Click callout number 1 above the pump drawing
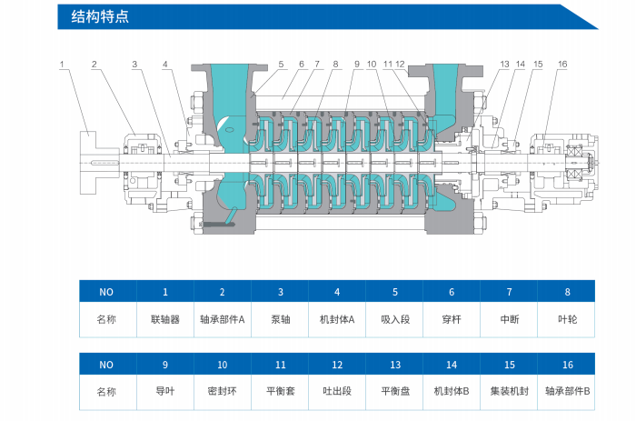pyautogui.click(x=63, y=65)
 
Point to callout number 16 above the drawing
pyautogui.click(x=562, y=65)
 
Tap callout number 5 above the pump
pyautogui.click(x=282, y=65)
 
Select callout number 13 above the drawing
pyautogui.click(x=504, y=65)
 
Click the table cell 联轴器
pyautogui.click(x=165, y=320)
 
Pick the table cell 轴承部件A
pyautogui.click(x=223, y=320)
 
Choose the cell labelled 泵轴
pyautogui.click(x=280, y=320)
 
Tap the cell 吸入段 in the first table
pyautogui.click(x=394, y=320)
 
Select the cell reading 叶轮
pyautogui.click(x=568, y=320)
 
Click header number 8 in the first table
pyautogui.click(x=568, y=292)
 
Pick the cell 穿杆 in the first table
pyautogui.click(x=452, y=320)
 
